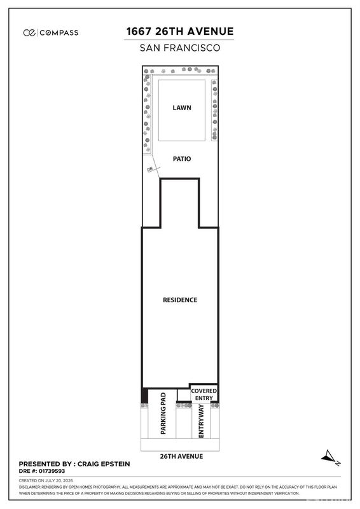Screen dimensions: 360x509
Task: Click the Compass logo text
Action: pyautogui.click(x=59, y=33)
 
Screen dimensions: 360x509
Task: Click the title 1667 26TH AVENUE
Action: pyautogui.click(x=180, y=31)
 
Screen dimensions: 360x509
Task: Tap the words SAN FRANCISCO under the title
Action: pyautogui.click(x=180, y=48)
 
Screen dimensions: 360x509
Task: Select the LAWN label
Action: pyautogui.click(x=182, y=108)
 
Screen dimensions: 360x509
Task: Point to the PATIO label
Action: pyautogui.click(x=182, y=158)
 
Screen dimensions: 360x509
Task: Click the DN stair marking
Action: pyautogui.click(x=149, y=169)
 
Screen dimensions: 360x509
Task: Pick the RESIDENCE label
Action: pyautogui.click(x=180, y=300)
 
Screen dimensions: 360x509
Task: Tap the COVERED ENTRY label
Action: pyautogui.click(x=204, y=394)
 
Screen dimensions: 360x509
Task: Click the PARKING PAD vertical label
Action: pyautogui.click(x=163, y=413)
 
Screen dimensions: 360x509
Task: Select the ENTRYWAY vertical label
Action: pyautogui.click(x=201, y=421)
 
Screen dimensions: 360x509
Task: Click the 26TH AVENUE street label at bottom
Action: pyautogui.click(x=181, y=456)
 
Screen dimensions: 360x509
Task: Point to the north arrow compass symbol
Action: pyautogui.click(x=330, y=457)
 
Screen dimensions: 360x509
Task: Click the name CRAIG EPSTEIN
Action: pyautogui.click(x=104, y=464)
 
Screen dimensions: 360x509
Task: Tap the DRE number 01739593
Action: pyautogui.click(x=52, y=471)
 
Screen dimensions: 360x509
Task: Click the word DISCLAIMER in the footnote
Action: pyautogui.click(x=29, y=487)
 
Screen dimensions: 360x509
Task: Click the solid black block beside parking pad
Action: pyautogui.click(x=144, y=396)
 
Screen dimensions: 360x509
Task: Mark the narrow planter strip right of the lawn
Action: pyautogui.click(x=214, y=110)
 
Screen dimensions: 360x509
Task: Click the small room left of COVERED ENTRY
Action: pyautogui.click(x=184, y=395)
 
